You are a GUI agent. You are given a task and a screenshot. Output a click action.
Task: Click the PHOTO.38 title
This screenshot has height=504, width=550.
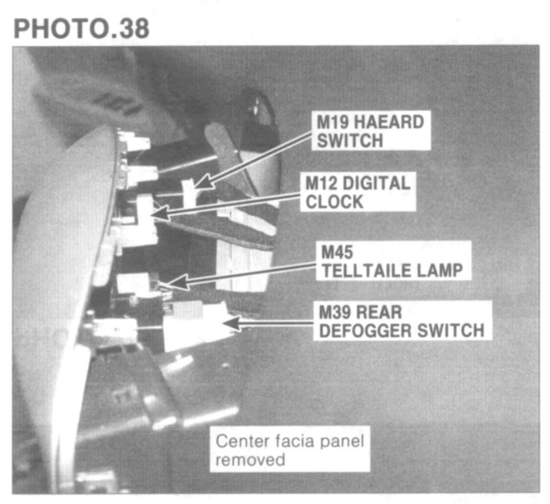(x=81, y=28)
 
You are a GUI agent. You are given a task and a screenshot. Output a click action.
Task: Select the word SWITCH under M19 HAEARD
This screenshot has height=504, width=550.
(x=350, y=140)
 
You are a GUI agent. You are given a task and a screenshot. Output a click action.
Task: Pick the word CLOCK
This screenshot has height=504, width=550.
(x=335, y=201)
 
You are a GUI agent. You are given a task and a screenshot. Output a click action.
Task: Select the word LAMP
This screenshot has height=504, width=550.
(x=440, y=271)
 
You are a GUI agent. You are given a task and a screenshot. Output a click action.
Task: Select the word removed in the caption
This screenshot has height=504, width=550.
(x=250, y=461)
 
